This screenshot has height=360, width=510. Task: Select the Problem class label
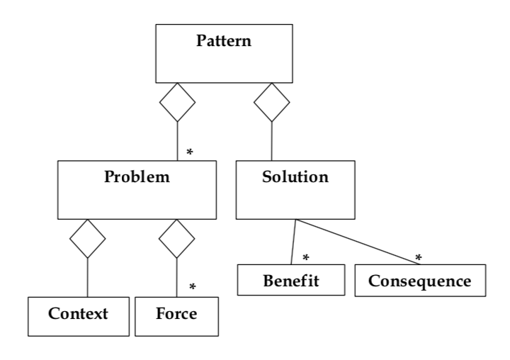coord(137,176)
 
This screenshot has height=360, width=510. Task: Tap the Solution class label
coord(295,176)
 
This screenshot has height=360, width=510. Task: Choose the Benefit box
coord(291,280)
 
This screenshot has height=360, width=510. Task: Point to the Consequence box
coord(420,280)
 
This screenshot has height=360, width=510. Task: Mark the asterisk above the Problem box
coord(189,152)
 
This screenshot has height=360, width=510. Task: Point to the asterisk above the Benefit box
coord(306,256)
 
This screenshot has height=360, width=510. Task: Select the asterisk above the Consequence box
coord(419,256)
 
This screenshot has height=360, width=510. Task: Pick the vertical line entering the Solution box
coord(271,142)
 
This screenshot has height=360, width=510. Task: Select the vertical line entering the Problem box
coord(177,142)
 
